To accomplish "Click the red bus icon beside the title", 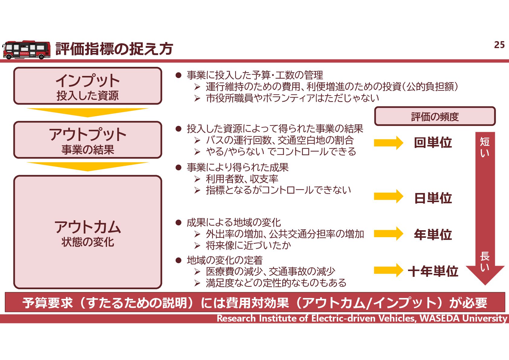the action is point(26,50).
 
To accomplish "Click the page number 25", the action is point(499,45).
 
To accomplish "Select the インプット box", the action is point(88,86).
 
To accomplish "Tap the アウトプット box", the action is point(88,140).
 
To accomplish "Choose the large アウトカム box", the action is point(88,232).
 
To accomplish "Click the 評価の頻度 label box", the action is point(435,116).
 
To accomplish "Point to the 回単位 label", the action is point(433,143).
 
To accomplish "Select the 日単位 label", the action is point(433,198).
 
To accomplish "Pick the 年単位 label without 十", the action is point(433,234).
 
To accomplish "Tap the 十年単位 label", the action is point(433,271).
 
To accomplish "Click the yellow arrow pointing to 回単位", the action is point(388,143).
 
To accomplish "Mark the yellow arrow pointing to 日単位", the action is point(388,196).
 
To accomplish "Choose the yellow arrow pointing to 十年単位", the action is point(388,270).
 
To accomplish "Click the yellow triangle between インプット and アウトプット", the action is point(88,112).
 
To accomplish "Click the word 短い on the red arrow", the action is point(485,147).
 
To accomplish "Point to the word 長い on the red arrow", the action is point(485,261).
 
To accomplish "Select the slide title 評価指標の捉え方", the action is point(114,49).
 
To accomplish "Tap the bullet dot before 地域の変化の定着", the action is point(178,260).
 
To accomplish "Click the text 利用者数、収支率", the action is point(242,179).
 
